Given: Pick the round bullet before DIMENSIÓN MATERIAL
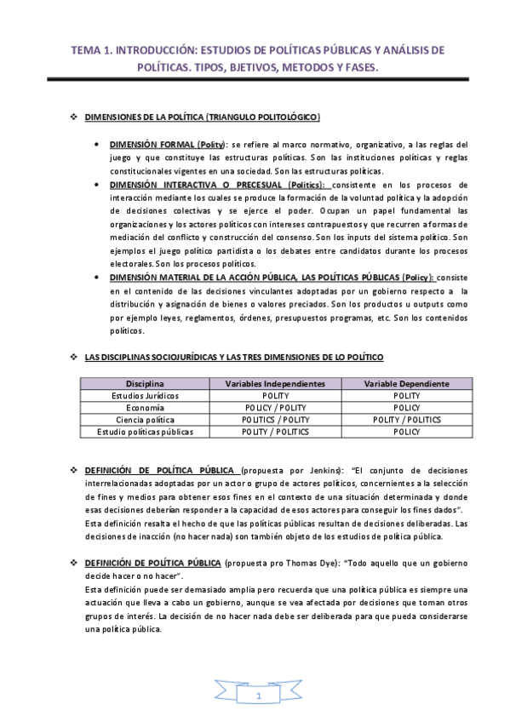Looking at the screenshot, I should pos(100,277).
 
